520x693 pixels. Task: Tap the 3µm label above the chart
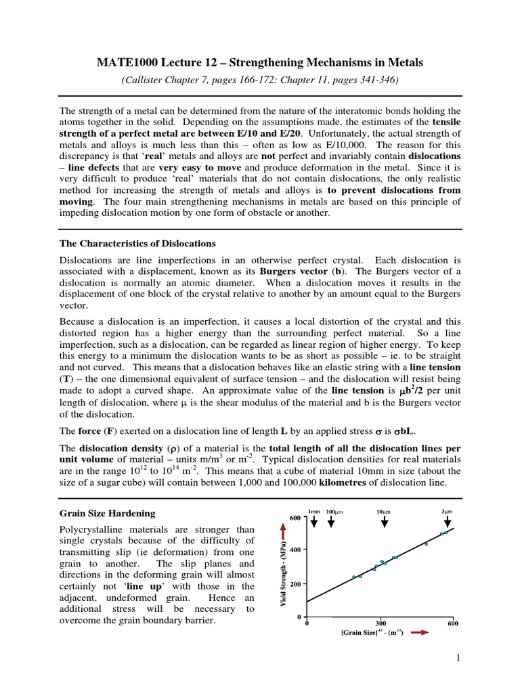pyautogui.click(x=447, y=512)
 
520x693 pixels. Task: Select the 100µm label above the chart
pyautogui.click(x=335, y=512)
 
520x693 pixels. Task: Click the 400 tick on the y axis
pyautogui.click(x=295, y=551)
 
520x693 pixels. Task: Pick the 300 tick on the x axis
pyautogui.click(x=380, y=624)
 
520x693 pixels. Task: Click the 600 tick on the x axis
pyautogui.click(x=453, y=624)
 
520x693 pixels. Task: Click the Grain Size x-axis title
pyautogui.click(x=368, y=633)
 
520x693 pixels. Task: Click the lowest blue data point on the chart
pyautogui.click(x=353, y=577)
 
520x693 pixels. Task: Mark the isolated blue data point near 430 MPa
pyautogui.click(x=426, y=543)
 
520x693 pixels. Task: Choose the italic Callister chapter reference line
pyautogui.click(x=260, y=79)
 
